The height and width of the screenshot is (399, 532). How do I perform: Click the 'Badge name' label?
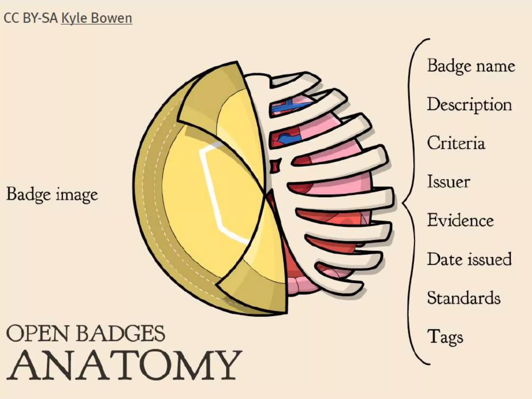(471, 66)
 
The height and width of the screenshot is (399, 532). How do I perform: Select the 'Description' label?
(469, 105)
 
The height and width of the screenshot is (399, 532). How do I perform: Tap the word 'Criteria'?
(456, 143)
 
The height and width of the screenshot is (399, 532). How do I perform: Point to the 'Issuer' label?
(449, 182)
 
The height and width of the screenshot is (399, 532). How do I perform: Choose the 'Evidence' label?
(460, 220)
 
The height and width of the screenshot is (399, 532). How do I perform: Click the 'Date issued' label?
(469, 259)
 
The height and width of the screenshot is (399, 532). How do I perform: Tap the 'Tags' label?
(445, 337)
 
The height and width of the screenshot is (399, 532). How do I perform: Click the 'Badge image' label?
(52, 194)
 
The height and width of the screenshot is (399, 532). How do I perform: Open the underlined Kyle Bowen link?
(96, 18)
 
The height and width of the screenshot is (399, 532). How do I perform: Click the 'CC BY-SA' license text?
(31, 18)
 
